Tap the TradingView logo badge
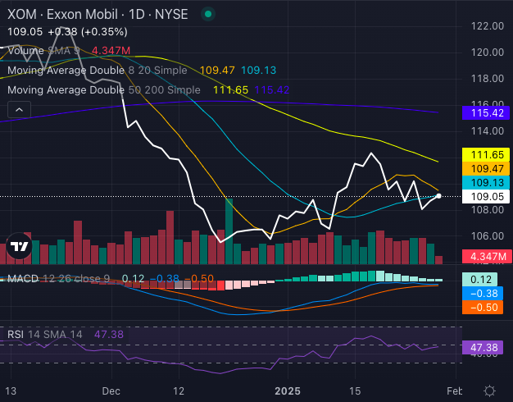(20, 245)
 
